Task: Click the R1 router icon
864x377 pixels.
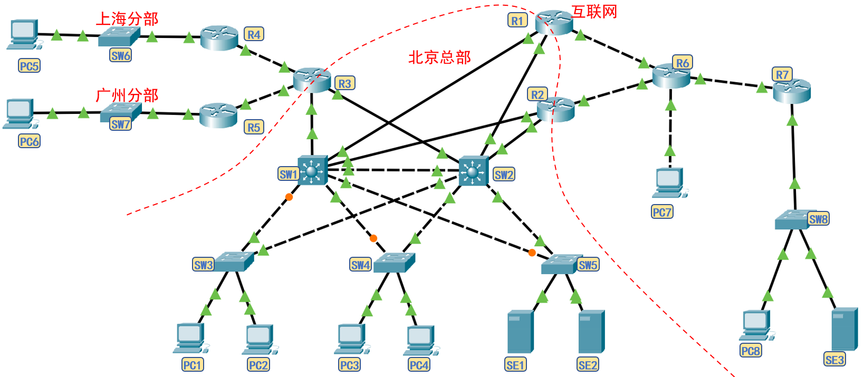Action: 554,22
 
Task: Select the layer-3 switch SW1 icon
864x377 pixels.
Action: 312,170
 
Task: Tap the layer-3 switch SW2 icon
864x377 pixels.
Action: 473,171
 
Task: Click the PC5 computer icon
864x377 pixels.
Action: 23,35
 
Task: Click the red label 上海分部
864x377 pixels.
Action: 127,19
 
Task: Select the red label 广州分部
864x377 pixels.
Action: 127,95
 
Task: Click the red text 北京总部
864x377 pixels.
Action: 439,57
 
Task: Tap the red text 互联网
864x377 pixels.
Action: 594,12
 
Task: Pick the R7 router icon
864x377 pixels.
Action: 791,91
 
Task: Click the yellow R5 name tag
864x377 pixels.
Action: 254,127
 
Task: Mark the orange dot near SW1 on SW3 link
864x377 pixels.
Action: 289,197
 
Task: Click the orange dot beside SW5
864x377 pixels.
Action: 532,253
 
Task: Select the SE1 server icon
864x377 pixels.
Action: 520,331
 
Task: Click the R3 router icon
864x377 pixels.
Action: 312,80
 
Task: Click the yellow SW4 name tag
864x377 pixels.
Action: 360,265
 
